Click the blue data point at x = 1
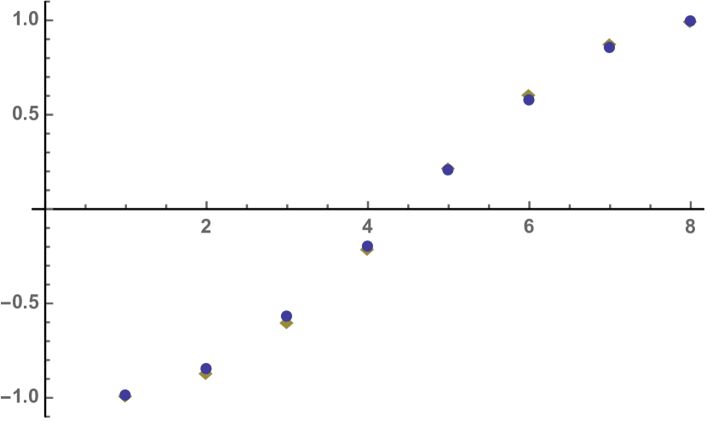[x=125, y=394]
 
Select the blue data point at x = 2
[x=206, y=368]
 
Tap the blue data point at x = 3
[x=286, y=316]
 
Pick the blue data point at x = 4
[x=367, y=246]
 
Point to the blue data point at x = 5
[x=448, y=169]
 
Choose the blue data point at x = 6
[x=529, y=100]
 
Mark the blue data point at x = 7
[x=609, y=48]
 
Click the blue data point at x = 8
[x=690, y=21]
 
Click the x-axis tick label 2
[x=206, y=227]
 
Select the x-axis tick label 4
[x=367, y=227]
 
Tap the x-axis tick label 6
[x=529, y=227]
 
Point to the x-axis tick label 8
[x=690, y=227]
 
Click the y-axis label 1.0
[x=26, y=19]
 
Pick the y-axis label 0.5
[x=26, y=113]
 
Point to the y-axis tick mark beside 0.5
[x=50, y=113]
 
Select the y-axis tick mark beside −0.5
[x=50, y=303]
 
